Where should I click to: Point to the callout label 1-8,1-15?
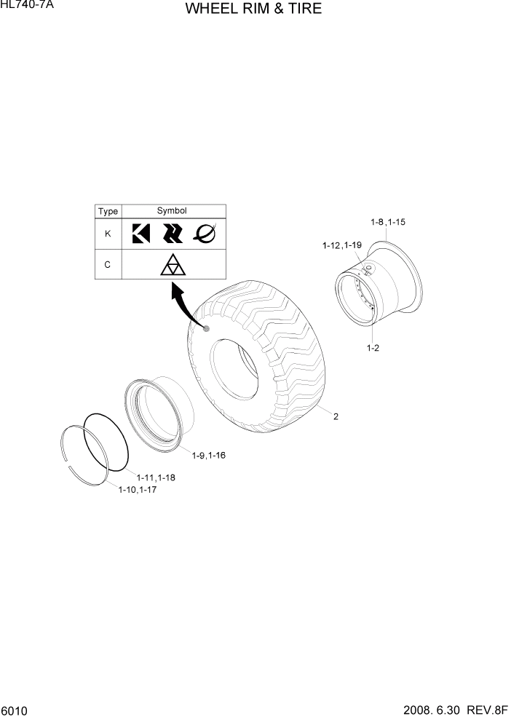pyautogui.click(x=387, y=221)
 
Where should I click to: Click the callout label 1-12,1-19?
pyautogui.click(x=343, y=246)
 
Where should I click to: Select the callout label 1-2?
pyautogui.click(x=373, y=348)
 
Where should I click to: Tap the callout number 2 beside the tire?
pyautogui.click(x=336, y=417)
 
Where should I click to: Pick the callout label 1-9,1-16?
pyautogui.click(x=209, y=456)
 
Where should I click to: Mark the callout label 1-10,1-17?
pyautogui.click(x=138, y=490)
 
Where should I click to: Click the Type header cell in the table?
pyautogui.click(x=108, y=211)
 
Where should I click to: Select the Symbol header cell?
pyautogui.click(x=173, y=211)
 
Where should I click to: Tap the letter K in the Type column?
pyautogui.click(x=108, y=234)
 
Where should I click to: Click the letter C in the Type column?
pyautogui.click(x=108, y=265)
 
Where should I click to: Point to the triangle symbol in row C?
pyautogui.click(x=173, y=266)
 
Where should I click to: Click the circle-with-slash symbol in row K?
pyautogui.click(x=205, y=234)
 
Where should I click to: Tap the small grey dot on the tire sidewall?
pyautogui.click(x=207, y=329)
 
